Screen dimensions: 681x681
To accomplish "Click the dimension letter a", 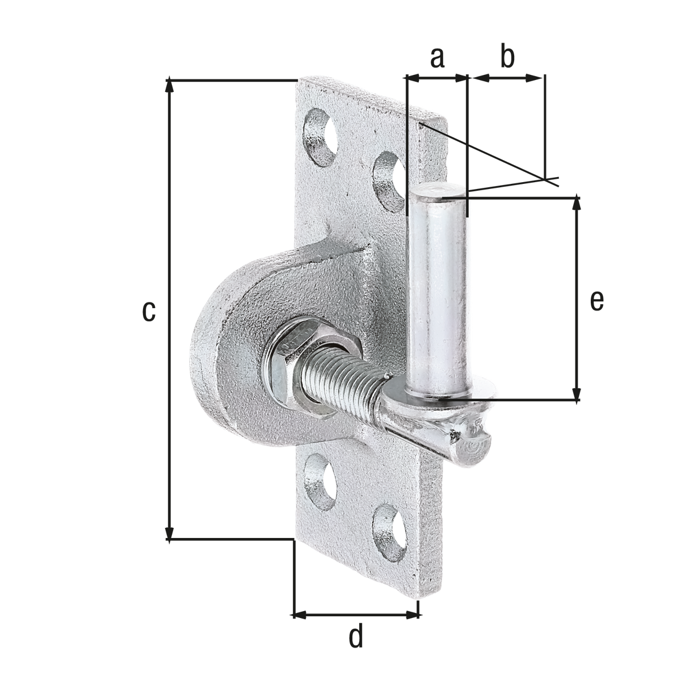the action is coord(437,57).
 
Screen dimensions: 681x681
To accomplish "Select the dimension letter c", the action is coord(149,311).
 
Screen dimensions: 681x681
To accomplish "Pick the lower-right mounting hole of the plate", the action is coord(389,533).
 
